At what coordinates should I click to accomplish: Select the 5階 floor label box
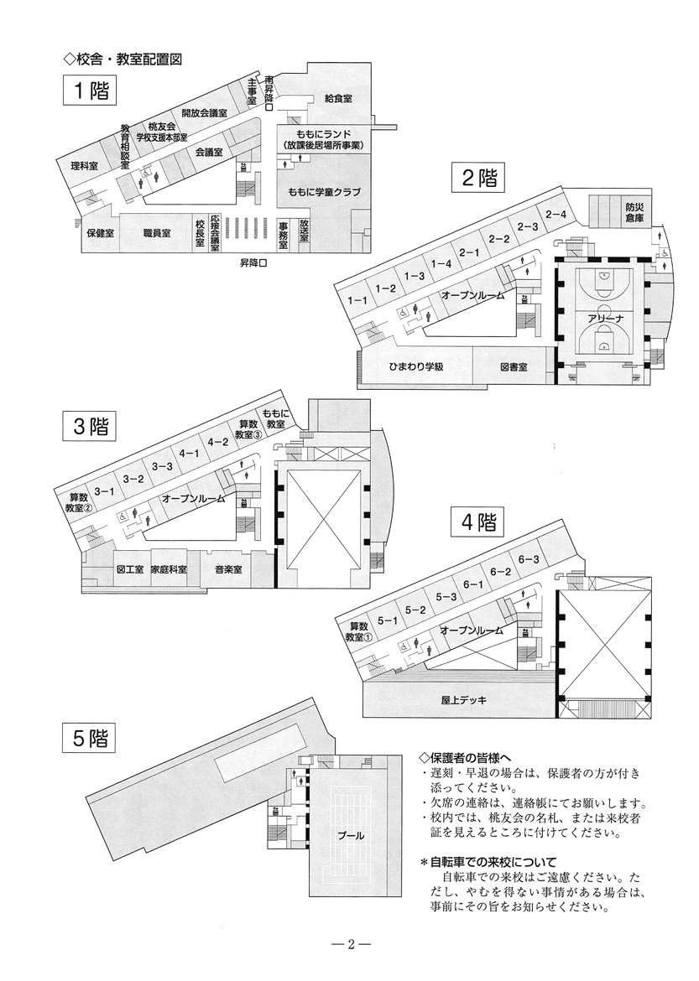[88, 738]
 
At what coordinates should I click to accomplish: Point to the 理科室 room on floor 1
[84, 166]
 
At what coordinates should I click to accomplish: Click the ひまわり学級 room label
[415, 367]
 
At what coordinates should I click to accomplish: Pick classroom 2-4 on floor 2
[556, 215]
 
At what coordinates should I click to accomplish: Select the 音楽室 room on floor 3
[227, 569]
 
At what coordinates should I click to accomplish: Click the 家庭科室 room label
[169, 569]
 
